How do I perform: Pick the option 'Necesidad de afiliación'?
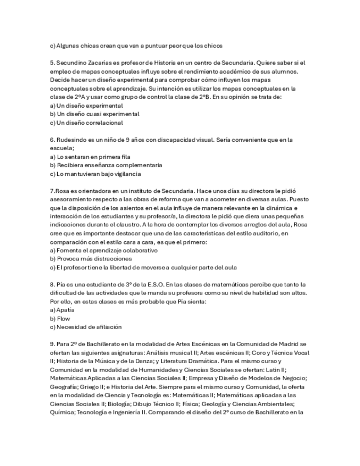(x=86, y=326)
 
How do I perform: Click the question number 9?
(x=52, y=343)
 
